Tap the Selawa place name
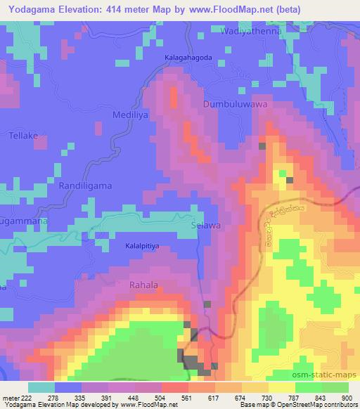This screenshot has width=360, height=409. [x=206, y=226]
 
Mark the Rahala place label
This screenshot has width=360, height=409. [x=144, y=285]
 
